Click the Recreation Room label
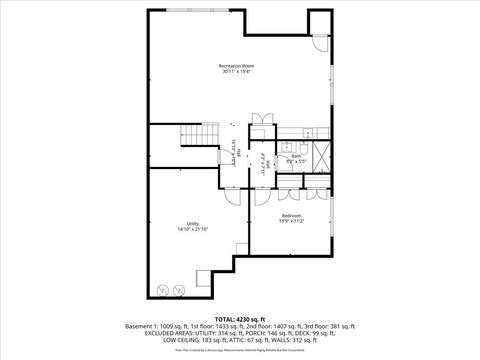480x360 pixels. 237,66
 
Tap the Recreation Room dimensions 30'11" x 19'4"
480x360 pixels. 237,72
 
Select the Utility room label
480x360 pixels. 192,223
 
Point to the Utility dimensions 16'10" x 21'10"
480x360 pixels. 192,229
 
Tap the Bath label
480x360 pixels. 296,155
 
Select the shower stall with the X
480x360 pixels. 321,156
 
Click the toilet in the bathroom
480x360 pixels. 307,134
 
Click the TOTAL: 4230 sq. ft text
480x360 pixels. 239,317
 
